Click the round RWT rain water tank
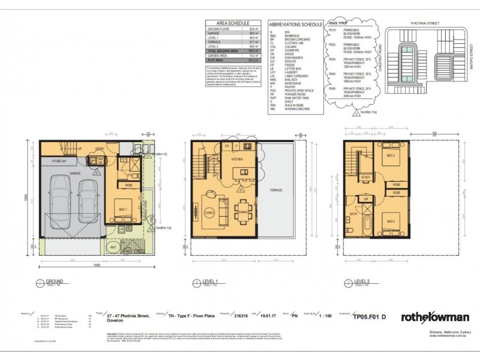pyautogui.click(x=113, y=247)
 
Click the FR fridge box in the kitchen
pyautogui.click(x=227, y=146)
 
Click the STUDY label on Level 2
pyautogui.click(x=365, y=178)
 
